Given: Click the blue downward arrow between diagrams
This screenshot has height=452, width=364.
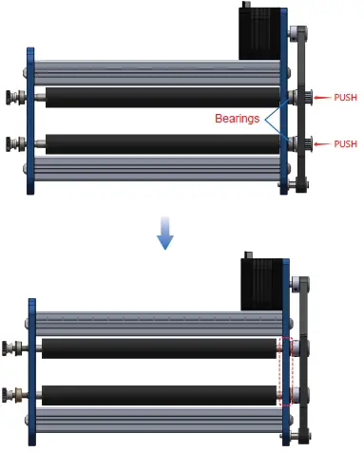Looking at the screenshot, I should pyautogui.click(x=166, y=235).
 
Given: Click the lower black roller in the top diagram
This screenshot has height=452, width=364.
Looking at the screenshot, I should pyautogui.click(x=162, y=143).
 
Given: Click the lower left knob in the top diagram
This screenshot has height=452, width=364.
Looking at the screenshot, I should pyautogui.click(x=14, y=144).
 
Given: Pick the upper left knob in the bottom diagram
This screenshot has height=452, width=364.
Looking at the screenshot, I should pyautogui.click(x=12, y=348).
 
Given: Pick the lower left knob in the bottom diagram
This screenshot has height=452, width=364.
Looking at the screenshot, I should pyautogui.click(x=12, y=394).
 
